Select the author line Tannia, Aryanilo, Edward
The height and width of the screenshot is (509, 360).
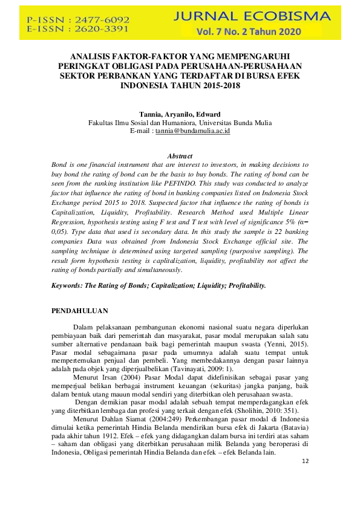pyautogui.click(x=180, y=114)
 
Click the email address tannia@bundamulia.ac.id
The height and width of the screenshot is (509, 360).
pyautogui.click(x=192, y=130)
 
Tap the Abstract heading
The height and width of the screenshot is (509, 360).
pyautogui.click(x=180, y=156)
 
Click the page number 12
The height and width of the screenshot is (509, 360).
pyautogui.click(x=304, y=461)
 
